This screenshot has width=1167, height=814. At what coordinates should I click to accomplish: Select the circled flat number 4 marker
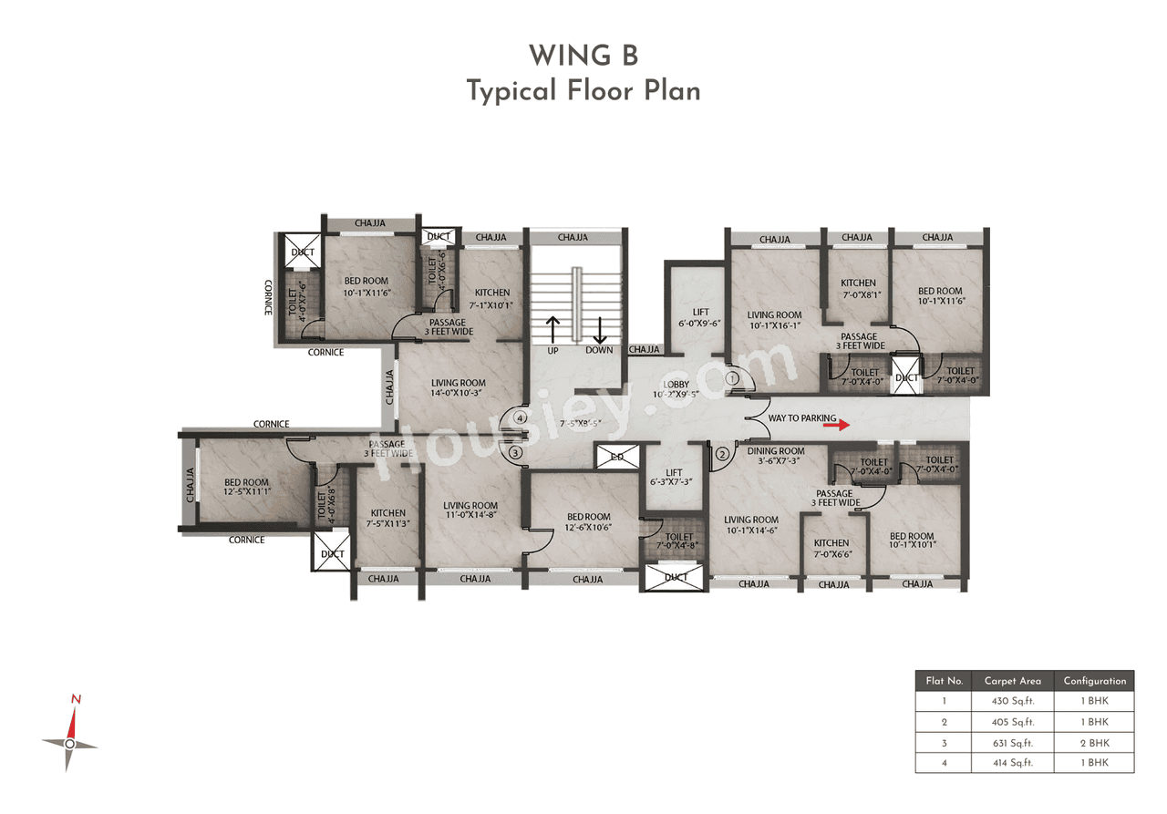520,417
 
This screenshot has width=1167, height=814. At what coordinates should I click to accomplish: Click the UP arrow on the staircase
552,330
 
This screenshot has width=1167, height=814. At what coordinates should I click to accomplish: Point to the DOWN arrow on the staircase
600,330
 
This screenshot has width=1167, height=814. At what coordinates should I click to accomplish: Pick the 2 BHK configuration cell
1094,742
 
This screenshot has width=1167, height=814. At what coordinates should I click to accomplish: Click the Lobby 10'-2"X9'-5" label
675,389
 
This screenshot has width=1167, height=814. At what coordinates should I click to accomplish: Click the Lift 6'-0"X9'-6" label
700,317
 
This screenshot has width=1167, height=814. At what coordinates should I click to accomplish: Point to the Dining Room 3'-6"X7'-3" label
776,456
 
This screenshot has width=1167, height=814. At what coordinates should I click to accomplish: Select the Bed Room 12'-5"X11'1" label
247,487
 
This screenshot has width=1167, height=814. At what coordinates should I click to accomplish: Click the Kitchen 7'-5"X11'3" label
388,518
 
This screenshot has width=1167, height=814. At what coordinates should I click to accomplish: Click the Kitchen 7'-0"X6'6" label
831,548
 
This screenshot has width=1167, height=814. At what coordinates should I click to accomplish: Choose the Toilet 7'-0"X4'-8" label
679,542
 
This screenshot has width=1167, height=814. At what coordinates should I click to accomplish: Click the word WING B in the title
583,57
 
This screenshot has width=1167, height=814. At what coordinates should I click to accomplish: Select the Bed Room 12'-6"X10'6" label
588,522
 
